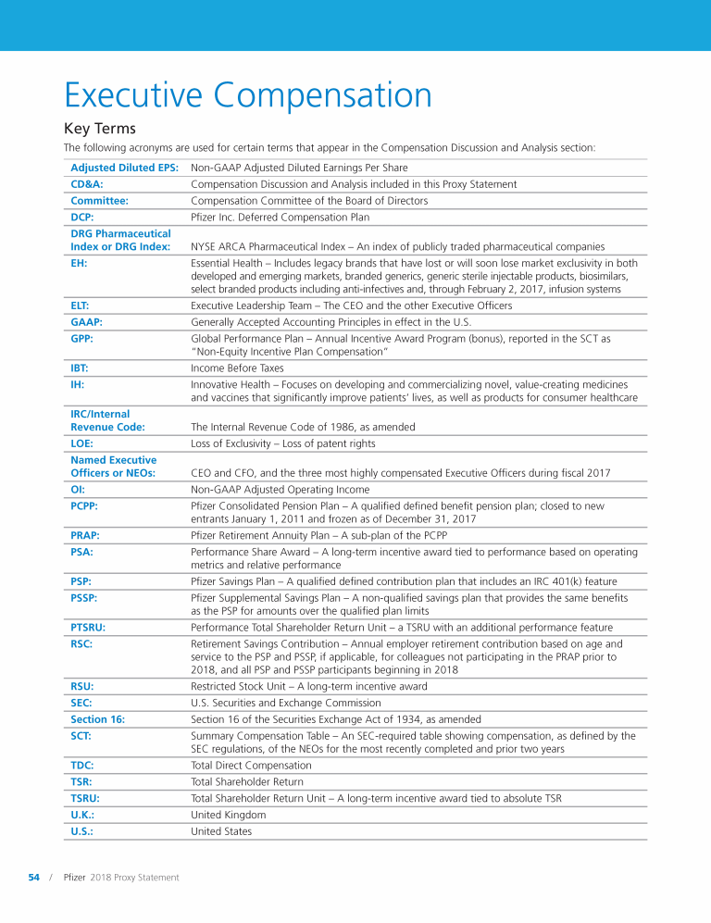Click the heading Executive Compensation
(247, 95)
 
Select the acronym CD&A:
(87, 184)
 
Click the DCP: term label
(83, 218)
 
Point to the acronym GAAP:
(86, 322)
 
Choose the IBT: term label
(80, 368)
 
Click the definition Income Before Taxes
(237, 368)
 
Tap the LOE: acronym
(82, 443)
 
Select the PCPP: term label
(84, 506)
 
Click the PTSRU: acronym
(88, 628)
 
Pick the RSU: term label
(82, 687)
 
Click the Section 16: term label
(97, 719)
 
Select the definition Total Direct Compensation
(251, 766)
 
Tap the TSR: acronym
(82, 782)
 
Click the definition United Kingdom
(228, 815)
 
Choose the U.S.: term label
(82, 831)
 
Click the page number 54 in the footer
(34, 878)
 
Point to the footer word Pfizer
(75, 878)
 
